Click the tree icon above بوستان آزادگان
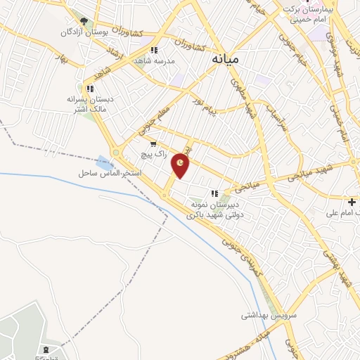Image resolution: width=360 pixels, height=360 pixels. [x=84, y=22]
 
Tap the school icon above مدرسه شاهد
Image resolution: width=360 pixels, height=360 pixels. [x=154, y=50]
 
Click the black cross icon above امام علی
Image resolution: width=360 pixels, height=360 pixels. [x=352, y=202]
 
